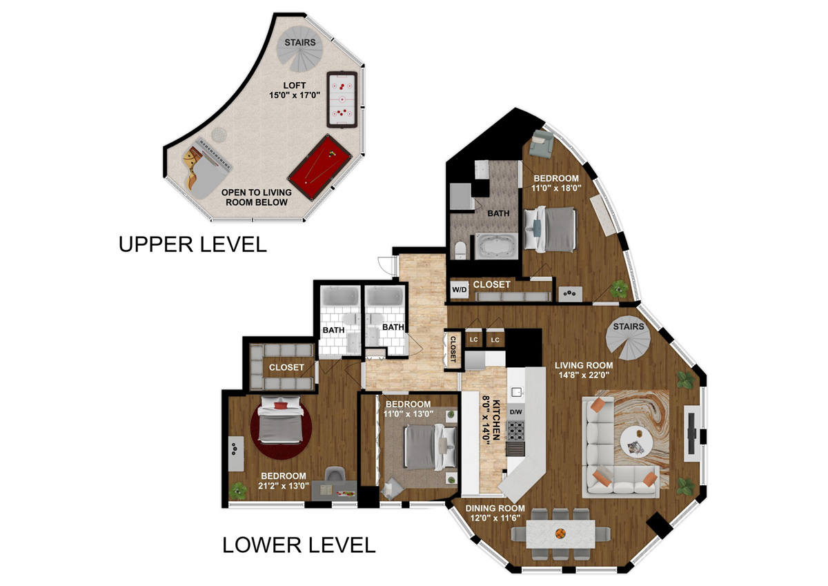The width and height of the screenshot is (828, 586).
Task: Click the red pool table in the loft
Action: coord(320,167)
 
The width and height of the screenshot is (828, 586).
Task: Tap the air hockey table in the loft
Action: coord(342,100)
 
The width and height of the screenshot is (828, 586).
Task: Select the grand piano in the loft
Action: coord(205,168)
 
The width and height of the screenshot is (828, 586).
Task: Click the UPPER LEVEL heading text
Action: coord(193,244)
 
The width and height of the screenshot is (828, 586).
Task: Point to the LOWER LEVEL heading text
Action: coord(299,545)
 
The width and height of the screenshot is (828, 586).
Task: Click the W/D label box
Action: coord(460,289)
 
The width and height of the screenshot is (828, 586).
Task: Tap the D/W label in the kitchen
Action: coord(516,412)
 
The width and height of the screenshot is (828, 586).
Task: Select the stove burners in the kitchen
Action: coord(515,430)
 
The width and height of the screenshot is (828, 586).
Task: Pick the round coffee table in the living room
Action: coord(636,441)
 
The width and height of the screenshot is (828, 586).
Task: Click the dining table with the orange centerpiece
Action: coord(560,534)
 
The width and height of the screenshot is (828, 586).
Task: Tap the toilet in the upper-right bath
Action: coord(461,250)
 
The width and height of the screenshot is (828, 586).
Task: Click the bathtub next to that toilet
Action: coord(495,246)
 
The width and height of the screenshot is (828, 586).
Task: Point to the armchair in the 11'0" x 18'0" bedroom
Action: coord(541,144)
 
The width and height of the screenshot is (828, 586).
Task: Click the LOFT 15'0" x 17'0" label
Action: coord(295,90)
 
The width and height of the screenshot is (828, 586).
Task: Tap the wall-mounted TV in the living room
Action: coord(691,433)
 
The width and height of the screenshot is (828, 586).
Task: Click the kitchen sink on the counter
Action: coord(516,391)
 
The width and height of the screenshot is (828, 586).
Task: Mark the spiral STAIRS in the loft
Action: coord(299,48)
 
